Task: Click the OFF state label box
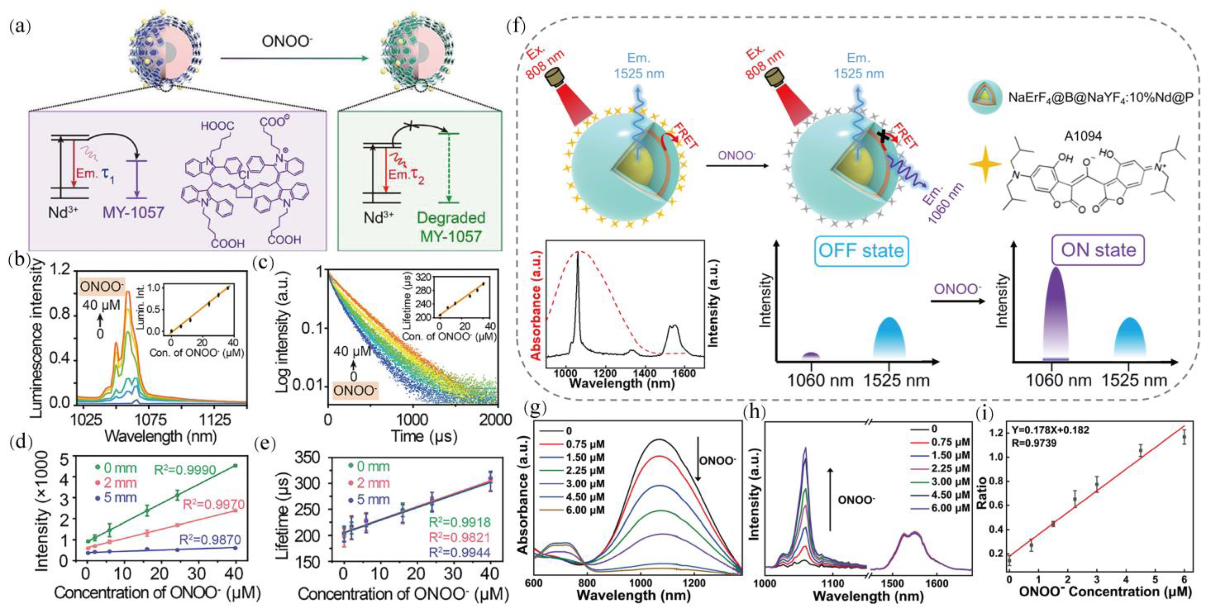pos(861,251)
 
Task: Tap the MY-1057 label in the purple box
pos(133,212)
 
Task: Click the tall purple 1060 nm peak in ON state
pos(1055,310)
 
